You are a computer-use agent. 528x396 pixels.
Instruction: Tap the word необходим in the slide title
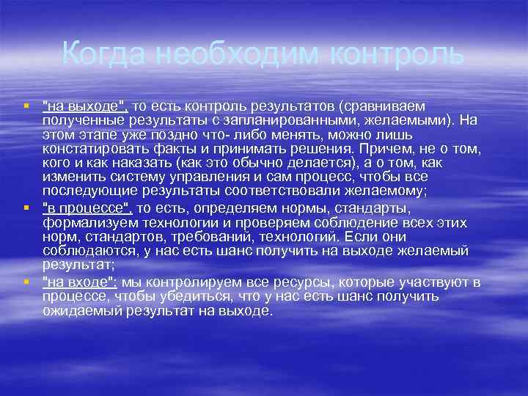(236, 54)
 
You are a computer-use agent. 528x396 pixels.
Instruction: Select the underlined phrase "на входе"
(78, 282)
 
